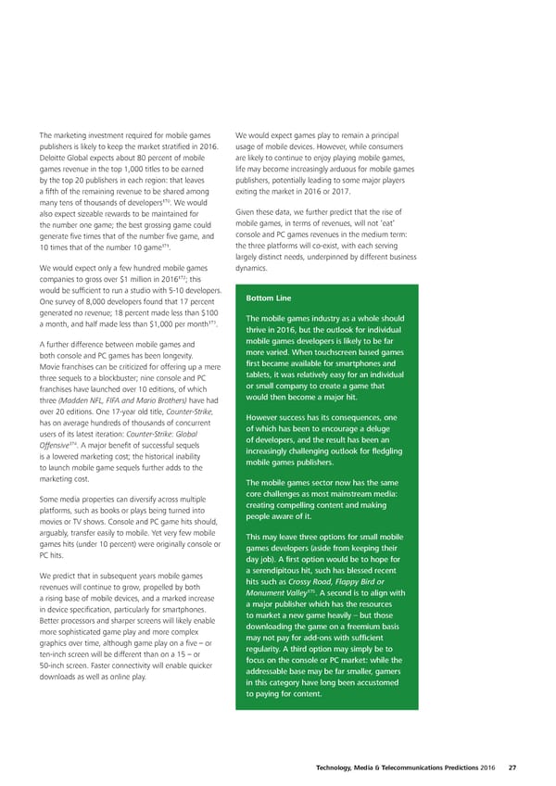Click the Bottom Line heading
click(x=270, y=298)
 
